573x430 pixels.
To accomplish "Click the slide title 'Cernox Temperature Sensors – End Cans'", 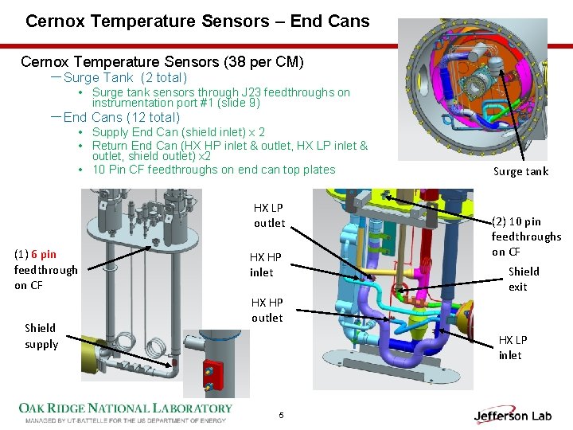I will (197, 21).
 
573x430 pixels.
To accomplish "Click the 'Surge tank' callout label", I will (520, 171).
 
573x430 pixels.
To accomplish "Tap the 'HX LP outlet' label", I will (268, 215).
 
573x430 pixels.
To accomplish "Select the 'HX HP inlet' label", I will (266, 264).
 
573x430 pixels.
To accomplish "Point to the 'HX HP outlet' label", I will (267, 310).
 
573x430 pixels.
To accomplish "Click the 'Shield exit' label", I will (523, 279).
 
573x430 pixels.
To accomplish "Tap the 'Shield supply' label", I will (41, 336).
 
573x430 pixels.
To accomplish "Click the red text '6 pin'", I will (44, 254).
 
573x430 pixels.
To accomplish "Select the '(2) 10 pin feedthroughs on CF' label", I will (525, 236).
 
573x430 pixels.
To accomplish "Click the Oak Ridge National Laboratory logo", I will (126, 412).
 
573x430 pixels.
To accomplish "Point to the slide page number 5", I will (281, 415).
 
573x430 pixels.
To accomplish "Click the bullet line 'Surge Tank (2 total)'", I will (125, 77).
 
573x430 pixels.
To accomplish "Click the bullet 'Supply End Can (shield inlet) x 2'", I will (178, 132).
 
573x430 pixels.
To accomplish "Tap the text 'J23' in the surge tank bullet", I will (241, 92).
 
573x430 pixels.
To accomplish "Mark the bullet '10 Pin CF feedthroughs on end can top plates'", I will (213, 170).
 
